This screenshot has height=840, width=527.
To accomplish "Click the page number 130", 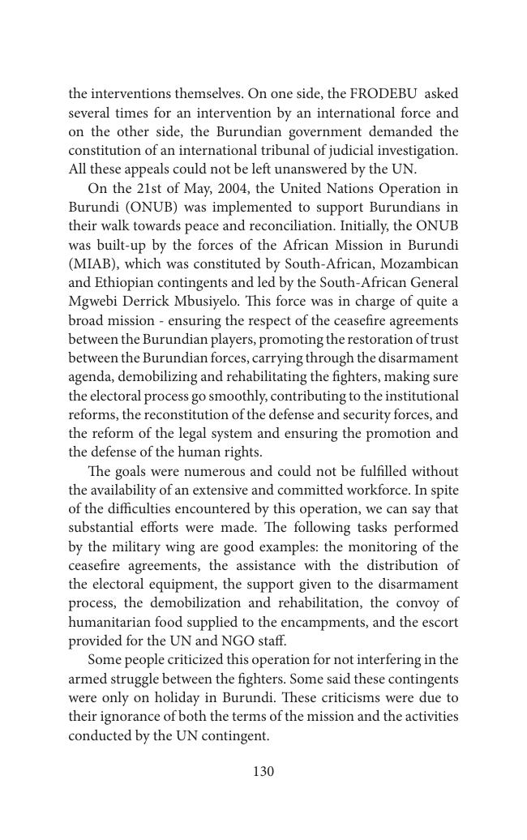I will click(263, 772).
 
